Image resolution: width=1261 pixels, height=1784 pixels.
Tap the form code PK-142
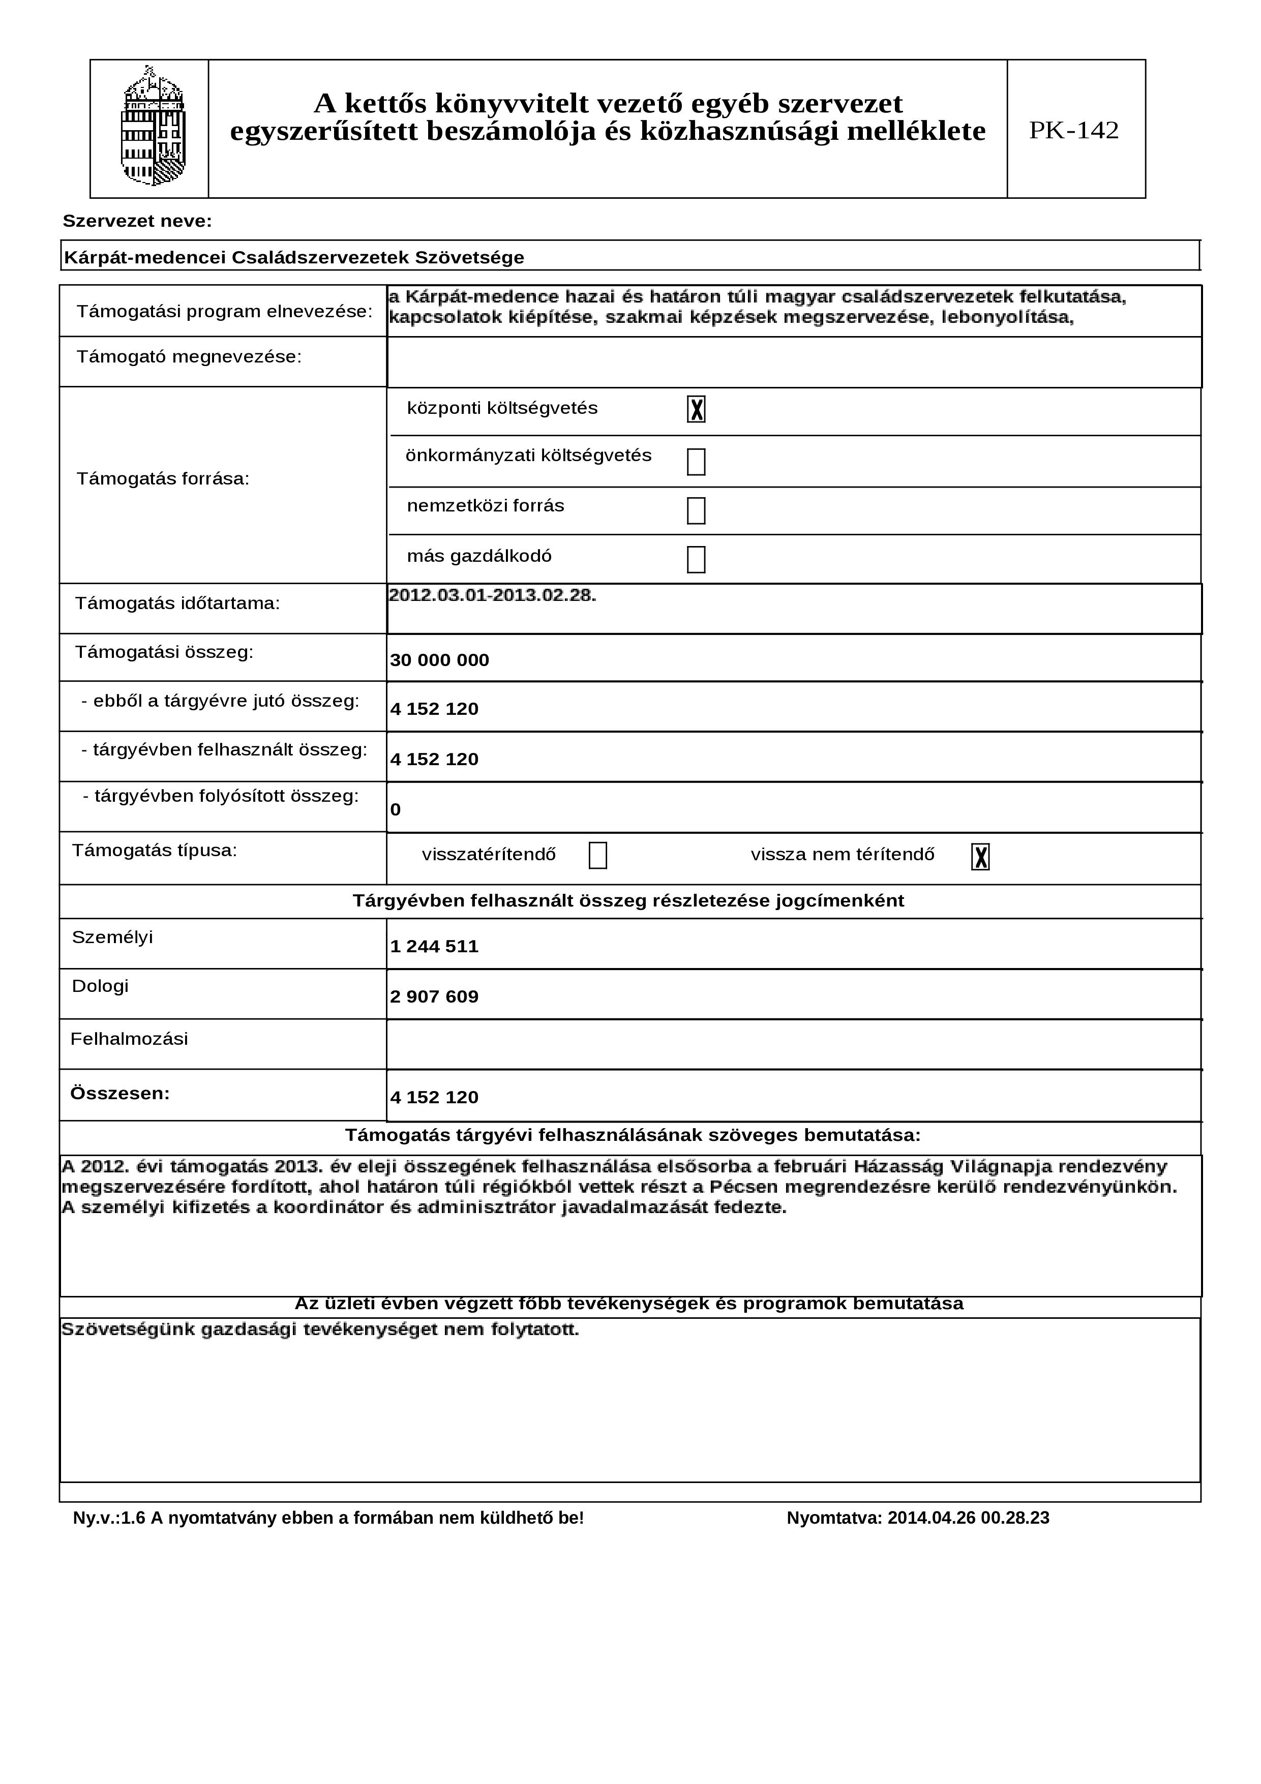[1074, 130]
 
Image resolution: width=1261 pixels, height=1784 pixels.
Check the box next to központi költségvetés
[696, 409]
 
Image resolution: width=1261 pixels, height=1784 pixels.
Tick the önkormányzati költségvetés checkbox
[696, 462]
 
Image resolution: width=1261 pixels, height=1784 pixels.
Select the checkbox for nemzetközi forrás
[696, 511]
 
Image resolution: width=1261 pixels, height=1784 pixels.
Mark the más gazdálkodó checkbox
[696, 559]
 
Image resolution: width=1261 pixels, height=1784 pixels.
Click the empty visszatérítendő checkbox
[597, 856]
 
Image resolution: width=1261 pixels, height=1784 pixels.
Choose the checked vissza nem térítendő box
[980, 857]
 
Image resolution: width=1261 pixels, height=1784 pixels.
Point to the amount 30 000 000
[440, 660]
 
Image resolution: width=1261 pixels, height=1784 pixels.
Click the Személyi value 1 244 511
[434, 946]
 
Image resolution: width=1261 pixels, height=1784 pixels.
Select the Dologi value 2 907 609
[434, 997]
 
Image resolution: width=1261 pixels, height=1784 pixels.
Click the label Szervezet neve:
[137, 222]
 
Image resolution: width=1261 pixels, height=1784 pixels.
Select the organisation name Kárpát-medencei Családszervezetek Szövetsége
[294, 257]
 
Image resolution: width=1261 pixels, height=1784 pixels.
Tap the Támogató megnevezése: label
[189, 357]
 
